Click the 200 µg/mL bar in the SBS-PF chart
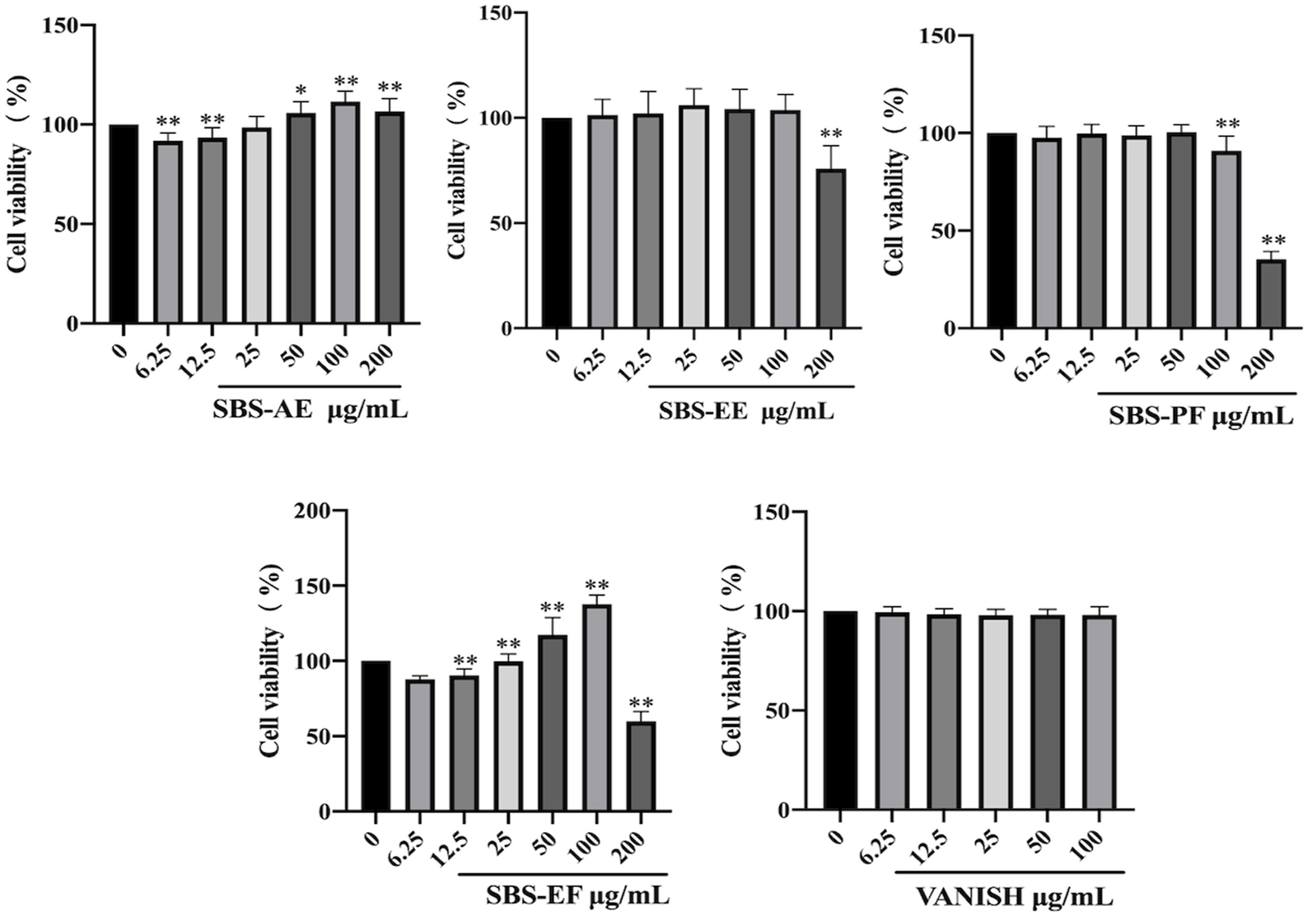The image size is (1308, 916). pyautogui.click(x=1272, y=294)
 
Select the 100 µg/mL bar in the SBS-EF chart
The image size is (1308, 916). pyautogui.click(x=597, y=707)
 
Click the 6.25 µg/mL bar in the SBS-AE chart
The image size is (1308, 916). pyautogui.click(x=168, y=232)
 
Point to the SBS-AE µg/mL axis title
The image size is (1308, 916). pyautogui.click(x=311, y=410)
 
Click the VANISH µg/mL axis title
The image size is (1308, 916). pyautogui.click(x=1013, y=898)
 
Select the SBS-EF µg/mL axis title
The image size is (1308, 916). pyautogui.click(x=578, y=897)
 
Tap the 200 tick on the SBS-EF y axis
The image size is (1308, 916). pyautogui.click(x=312, y=512)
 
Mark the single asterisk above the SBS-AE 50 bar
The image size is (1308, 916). pyautogui.click(x=301, y=90)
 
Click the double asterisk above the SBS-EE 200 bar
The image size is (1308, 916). pyautogui.click(x=831, y=135)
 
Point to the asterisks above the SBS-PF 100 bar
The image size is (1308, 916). pyautogui.click(x=1227, y=124)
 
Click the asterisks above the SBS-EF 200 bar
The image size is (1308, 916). pyautogui.click(x=641, y=702)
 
